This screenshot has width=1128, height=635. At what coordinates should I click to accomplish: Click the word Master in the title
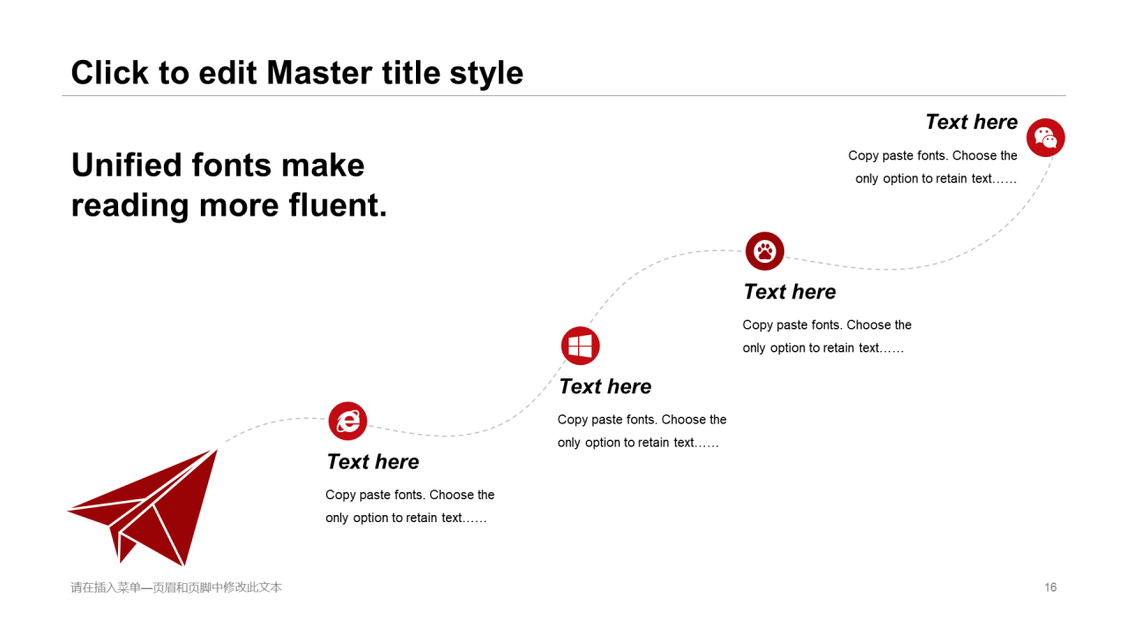pos(320,72)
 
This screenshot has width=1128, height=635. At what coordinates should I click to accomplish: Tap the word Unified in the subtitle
pos(126,165)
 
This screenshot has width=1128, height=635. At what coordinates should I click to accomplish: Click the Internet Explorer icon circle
pos(347,421)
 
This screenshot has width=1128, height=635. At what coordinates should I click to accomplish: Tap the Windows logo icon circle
pos(580,346)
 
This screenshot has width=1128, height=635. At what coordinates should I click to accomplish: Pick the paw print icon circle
pos(764,251)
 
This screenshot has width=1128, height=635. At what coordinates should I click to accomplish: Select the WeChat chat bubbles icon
pos(1045,138)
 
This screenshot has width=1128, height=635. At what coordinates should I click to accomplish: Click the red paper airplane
pos(143,507)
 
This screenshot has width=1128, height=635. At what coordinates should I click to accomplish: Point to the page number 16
pos(1050,587)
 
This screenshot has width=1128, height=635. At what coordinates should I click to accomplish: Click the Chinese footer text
pos(176,587)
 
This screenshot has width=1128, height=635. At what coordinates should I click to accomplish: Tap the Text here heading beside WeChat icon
pos(971,122)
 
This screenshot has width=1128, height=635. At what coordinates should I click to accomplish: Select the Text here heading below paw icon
pos(790,292)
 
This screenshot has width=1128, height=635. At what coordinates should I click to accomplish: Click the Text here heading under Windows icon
pos(605,386)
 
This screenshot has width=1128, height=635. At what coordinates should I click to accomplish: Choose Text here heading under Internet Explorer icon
pos(373,461)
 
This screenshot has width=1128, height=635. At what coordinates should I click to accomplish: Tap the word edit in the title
pos(227,72)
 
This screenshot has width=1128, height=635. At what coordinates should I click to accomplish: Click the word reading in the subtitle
pos(130,205)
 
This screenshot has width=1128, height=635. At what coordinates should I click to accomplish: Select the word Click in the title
pos(110,72)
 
